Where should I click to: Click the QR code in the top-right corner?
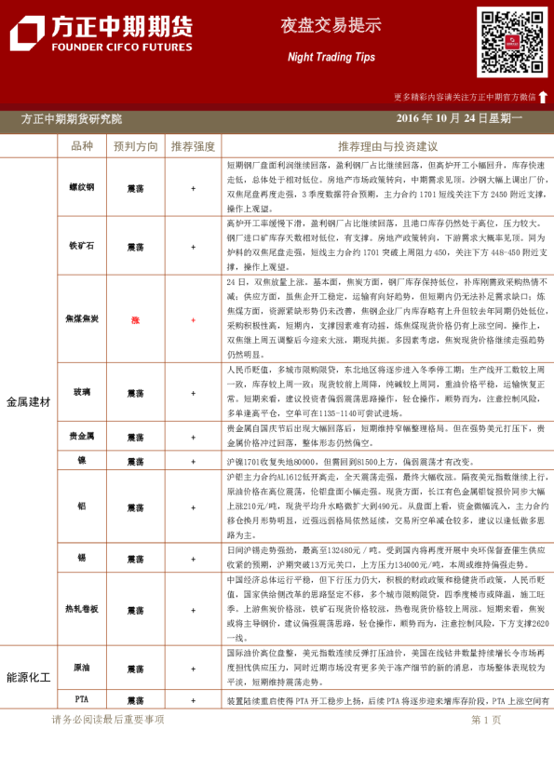click(512, 42)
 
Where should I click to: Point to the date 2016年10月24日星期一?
click(459, 119)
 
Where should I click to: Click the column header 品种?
click(82, 146)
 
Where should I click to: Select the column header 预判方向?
click(136, 146)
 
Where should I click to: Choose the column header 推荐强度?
click(193, 146)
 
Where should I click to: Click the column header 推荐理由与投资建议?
click(387, 146)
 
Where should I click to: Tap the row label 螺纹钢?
click(82, 187)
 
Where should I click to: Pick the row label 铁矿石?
click(82, 246)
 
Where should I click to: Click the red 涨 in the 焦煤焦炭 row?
click(136, 319)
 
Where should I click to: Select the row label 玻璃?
click(82, 392)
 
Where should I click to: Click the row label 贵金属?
click(82, 436)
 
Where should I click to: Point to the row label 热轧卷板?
click(82, 608)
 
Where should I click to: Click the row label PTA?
click(82, 699)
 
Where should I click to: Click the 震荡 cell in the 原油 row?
click(136, 669)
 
